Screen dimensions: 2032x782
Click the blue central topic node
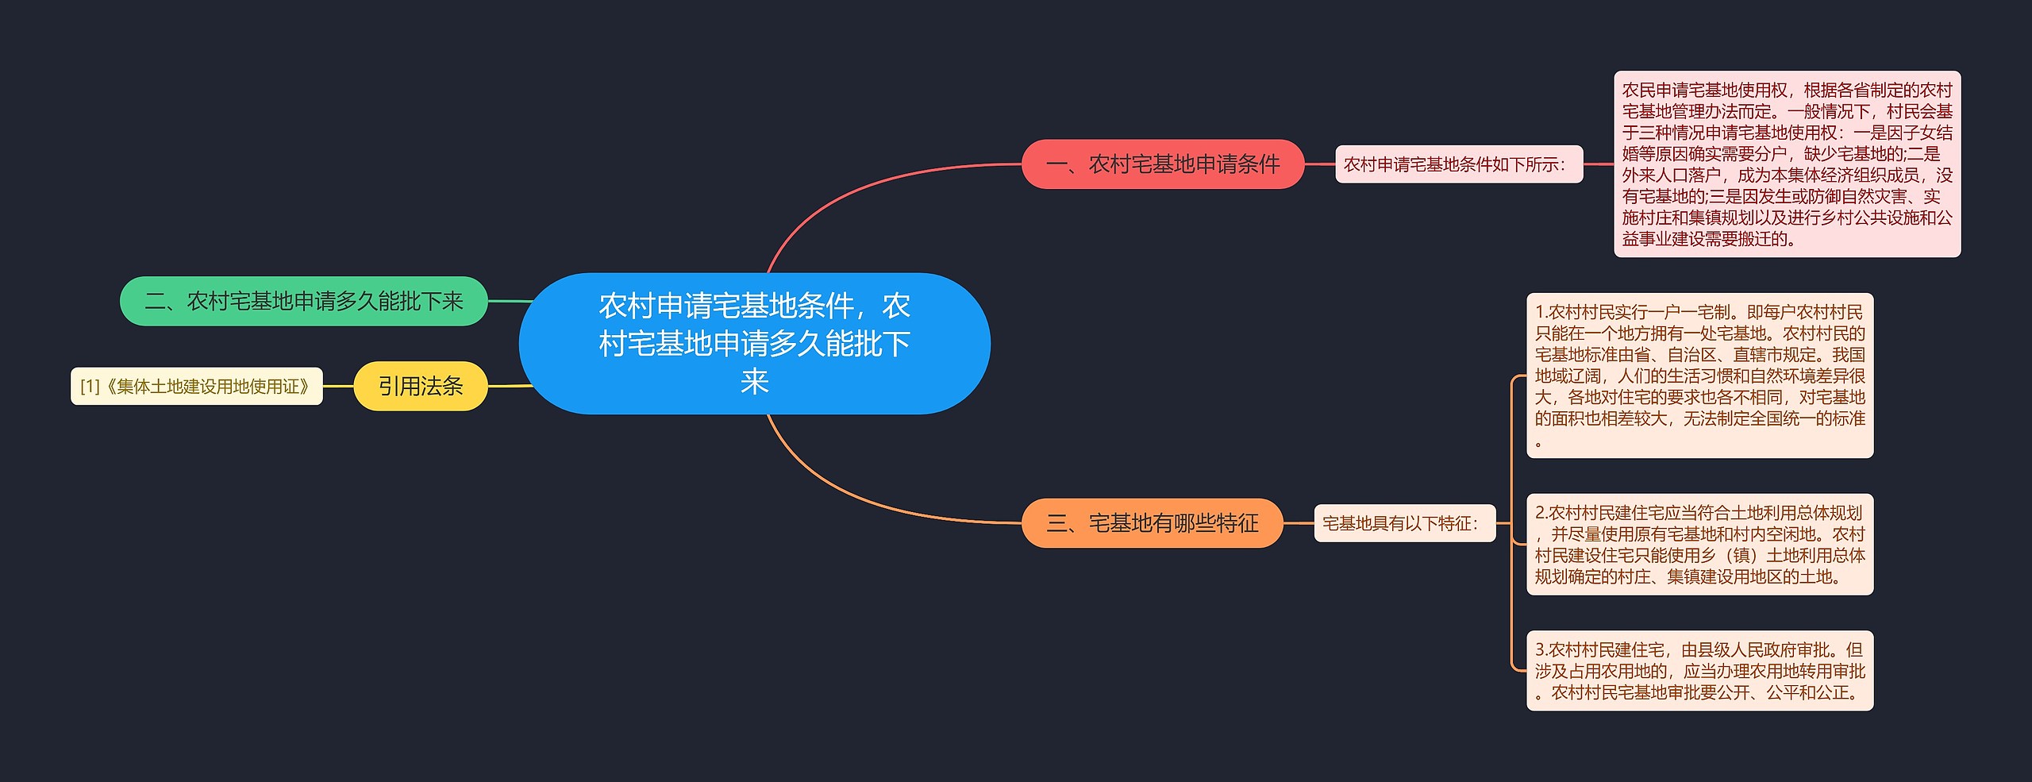pyautogui.click(x=754, y=343)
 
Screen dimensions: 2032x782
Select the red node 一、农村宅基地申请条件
pyautogui.click(x=1162, y=164)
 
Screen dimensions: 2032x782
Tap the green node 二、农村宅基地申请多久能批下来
pyautogui.click(x=303, y=301)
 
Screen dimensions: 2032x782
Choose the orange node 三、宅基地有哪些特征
pyautogui.click(x=1152, y=523)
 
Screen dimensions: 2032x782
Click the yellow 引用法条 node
pyautogui.click(x=420, y=386)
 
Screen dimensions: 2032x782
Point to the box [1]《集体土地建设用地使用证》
pyautogui.click(x=197, y=387)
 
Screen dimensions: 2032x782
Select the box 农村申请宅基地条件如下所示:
pyautogui.click(x=1458, y=164)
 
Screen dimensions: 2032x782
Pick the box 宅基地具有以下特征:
pyautogui.click(x=1404, y=523)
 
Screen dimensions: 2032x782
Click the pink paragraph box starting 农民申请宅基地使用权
pyautogui.click(x=1787, y=164)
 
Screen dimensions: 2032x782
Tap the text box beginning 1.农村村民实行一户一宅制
pyautogui.click(x=1699, y=376)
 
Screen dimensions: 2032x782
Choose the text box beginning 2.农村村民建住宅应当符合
pyautogui.click(x=1699, y=545)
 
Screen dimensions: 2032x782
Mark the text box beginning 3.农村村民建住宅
pyautogui.click(x=1699, y=671)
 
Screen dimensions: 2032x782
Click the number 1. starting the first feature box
pyautogui.click(x=1541, y=313)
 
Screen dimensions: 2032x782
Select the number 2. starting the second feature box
pyautogui.click(x=1541, y=514)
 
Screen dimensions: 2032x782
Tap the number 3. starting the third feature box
pyautogui.click(x=1541, y=650)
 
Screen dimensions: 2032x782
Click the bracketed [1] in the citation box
pyautogui.click(x=90, y=387)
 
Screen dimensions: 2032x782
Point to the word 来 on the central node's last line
pyautogui.click(x=754, y=382)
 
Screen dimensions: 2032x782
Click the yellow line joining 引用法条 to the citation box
pyautogui.click(x=338, y=387)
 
